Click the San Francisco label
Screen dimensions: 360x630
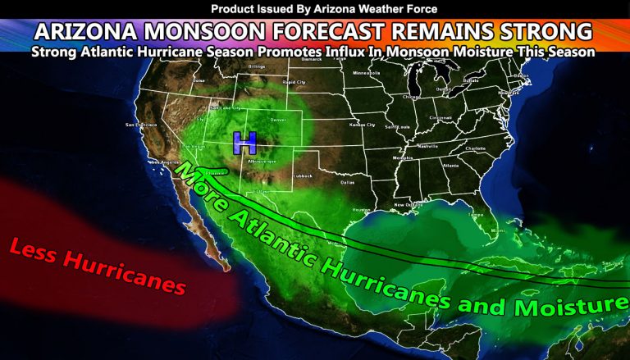coord(135,125)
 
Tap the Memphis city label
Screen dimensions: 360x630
coord(403,157)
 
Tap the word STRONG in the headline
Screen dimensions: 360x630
coord(541,31)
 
